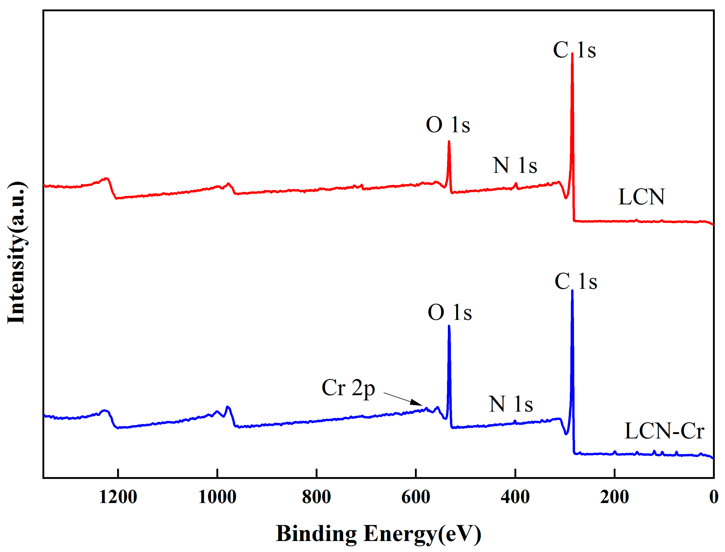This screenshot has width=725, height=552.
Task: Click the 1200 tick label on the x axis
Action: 118,497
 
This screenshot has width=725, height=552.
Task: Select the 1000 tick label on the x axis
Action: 217,497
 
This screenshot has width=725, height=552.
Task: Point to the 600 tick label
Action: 416,497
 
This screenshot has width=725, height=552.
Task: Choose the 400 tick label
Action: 515,497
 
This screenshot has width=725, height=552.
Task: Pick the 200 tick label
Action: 614,497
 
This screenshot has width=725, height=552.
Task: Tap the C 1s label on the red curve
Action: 574,50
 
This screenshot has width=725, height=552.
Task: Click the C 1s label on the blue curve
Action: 575,282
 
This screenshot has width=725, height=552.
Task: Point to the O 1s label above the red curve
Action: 448,125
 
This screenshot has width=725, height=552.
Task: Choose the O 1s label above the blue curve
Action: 449,312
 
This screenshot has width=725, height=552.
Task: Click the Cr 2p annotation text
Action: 348,388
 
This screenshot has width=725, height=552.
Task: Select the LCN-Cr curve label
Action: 664,431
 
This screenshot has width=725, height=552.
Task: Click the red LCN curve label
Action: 641,197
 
